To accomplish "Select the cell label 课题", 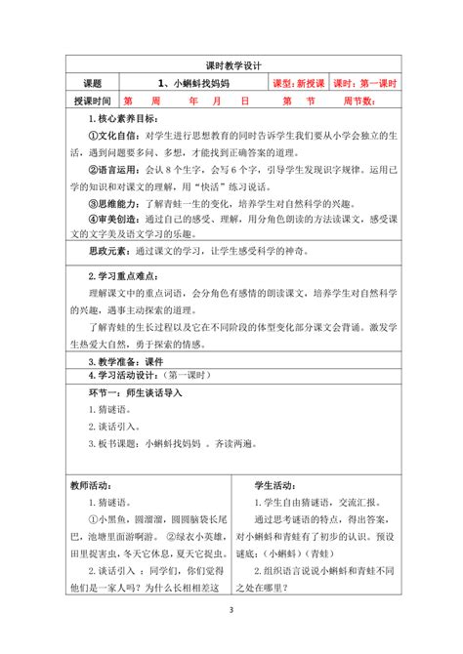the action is point(92,83).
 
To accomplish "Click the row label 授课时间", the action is point(92,101).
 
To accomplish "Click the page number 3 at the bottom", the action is point(231,638).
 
